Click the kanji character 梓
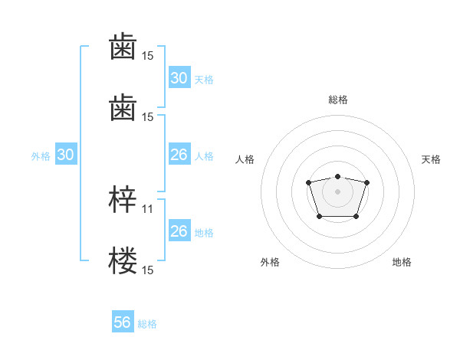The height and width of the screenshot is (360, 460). coord(123,200)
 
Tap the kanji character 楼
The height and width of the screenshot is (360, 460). coord(123,260)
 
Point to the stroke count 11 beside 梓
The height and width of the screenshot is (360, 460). coord(148,208)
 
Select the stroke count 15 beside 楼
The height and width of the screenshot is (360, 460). coord(148,270)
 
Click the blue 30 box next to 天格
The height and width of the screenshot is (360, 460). coord(179,77)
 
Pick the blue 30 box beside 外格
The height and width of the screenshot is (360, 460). coord(65,155)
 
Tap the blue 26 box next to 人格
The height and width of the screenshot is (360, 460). coord(179,155)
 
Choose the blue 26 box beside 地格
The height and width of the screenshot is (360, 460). coord(179,231)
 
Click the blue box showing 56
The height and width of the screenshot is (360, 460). coord(122,322)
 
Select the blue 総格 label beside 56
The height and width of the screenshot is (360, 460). coord(147,324)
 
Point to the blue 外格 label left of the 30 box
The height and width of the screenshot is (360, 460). coord(41,156)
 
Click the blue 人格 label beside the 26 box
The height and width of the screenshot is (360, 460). coord(204,156)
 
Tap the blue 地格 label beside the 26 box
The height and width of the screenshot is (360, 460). coord(204,233)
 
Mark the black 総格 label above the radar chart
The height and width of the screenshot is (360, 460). coord(337,100)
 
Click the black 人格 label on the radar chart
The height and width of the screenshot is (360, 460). coord(245,159)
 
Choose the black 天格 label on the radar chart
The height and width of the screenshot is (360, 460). coord(431,159)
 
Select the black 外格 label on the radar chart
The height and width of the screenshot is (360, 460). coord(270,262)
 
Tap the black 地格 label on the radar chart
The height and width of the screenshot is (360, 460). coord(402,262)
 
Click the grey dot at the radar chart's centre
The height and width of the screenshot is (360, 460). coord(337,191)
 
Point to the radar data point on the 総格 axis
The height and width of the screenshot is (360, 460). coord(337,176)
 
